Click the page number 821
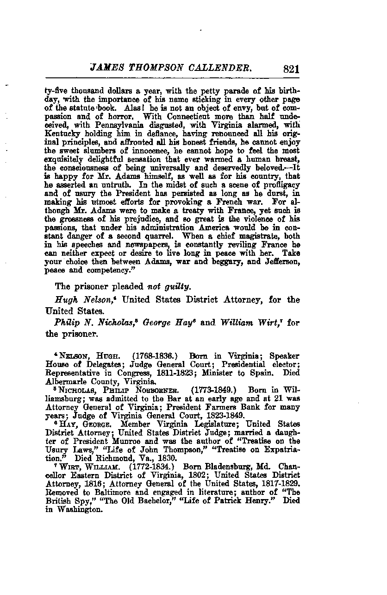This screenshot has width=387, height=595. [290, 69]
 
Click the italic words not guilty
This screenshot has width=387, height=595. [169, 286]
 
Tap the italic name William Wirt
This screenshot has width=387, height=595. [256, 322]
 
